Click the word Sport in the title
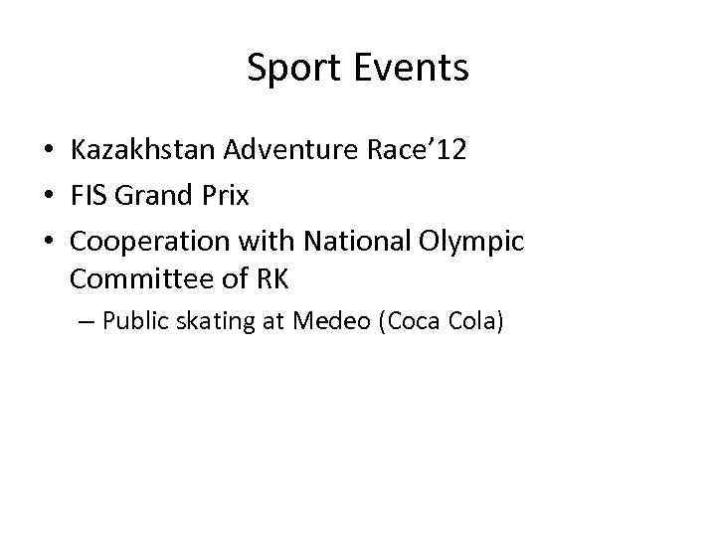click(x=289, y=69)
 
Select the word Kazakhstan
click(x=143, y=150)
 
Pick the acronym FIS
click(x=89, y=196)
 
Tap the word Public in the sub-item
click(x=135, y=322)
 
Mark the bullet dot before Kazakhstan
click(x=48, y=151)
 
